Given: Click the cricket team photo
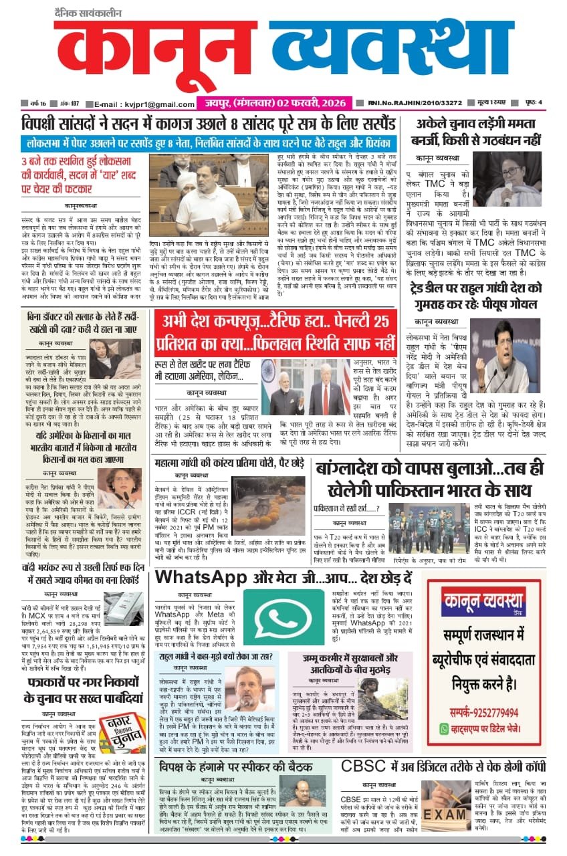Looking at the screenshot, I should [x=429, y=529].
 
